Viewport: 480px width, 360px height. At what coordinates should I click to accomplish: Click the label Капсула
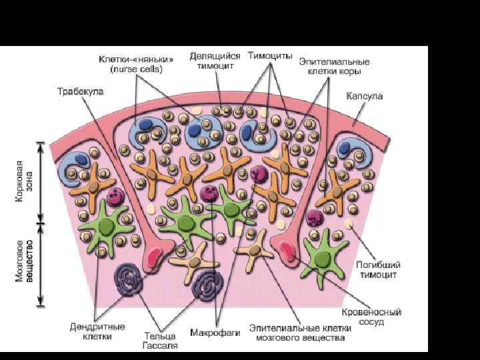tap(364, 97)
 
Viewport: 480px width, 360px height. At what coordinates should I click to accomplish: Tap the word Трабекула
tap(79, 91)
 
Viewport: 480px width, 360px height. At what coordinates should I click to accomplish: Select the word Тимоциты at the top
tap(270, 56)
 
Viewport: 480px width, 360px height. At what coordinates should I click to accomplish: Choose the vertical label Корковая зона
tap(24, 182)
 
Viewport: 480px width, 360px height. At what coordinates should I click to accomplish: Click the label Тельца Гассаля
tap(159, 339)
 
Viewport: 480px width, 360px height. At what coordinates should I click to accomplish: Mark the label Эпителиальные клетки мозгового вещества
tap(297, 333)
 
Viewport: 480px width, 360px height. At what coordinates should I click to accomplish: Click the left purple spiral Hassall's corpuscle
tap(131, 279)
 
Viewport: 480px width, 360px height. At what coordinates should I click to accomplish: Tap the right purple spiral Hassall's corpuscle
tap(207, 287)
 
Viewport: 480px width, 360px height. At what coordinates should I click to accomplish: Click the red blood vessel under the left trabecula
tap(154, 255)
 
